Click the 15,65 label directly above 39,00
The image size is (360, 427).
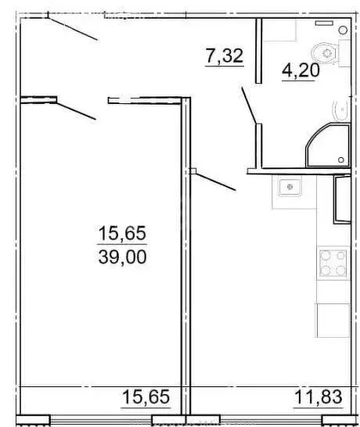[x=122, y=233]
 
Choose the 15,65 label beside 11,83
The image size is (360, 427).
[x=146, y=396]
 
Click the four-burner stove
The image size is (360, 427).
[x=332, y=263]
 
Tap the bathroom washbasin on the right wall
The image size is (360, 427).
[x=340, y=110]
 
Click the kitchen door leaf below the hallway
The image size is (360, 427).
[x=214, y=181]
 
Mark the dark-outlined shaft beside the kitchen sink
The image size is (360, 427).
[x=341, y=199]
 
